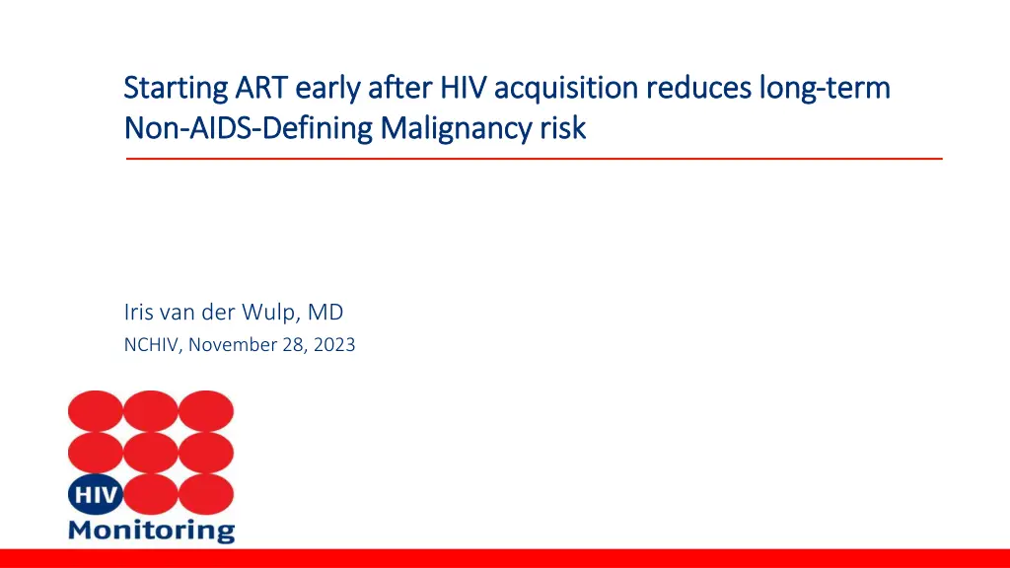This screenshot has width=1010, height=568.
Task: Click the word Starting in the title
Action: (x=176, y=89)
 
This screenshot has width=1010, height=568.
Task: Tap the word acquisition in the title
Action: (x=566, y=89)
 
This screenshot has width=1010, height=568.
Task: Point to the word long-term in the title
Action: (x=826, y=89)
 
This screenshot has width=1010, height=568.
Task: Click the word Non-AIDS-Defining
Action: (x=248, y=128)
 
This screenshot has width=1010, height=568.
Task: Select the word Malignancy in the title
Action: (x=456, y=128)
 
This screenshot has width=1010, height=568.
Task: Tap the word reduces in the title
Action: (x=699, y=88)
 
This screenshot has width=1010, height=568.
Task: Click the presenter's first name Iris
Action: (x=138, y=312)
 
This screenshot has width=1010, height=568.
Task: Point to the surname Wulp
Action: (x=272, y=313)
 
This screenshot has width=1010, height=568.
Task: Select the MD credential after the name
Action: (x=325, y=312)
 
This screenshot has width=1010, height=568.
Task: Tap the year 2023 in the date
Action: (x=334, y=344)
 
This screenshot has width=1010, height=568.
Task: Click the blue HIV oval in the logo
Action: (x=96, y=495)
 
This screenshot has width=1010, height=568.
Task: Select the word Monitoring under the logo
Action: (x=151, y=531)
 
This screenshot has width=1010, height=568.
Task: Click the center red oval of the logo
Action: (x=151, y=453)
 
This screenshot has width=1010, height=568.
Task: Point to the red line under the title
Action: (x=534, y=158)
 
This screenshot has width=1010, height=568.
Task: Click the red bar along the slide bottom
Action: (x=505, y=558)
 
